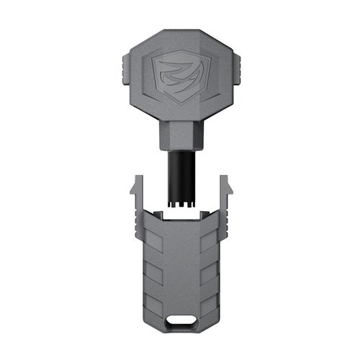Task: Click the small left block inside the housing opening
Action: (160, 215)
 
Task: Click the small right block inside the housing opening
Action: (200, 215)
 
